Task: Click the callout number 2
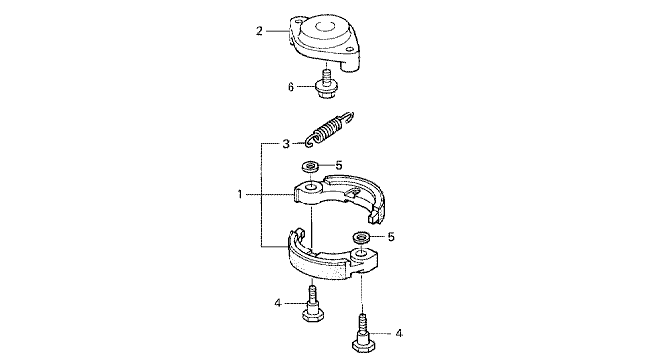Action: (x=259, y=31)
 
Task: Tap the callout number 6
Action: (x=291, y=87)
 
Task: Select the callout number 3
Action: (x=286, y=144)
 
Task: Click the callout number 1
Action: (x=240, y=194)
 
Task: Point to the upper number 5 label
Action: (x=339, y=165)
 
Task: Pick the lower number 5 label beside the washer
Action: (x=391, y=237)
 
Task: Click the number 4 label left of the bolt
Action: (x=278, y=303)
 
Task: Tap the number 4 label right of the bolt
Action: (x=399, y=333)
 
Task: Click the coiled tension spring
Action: (x=331, y=129)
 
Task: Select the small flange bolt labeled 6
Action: (x=326, y=85)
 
